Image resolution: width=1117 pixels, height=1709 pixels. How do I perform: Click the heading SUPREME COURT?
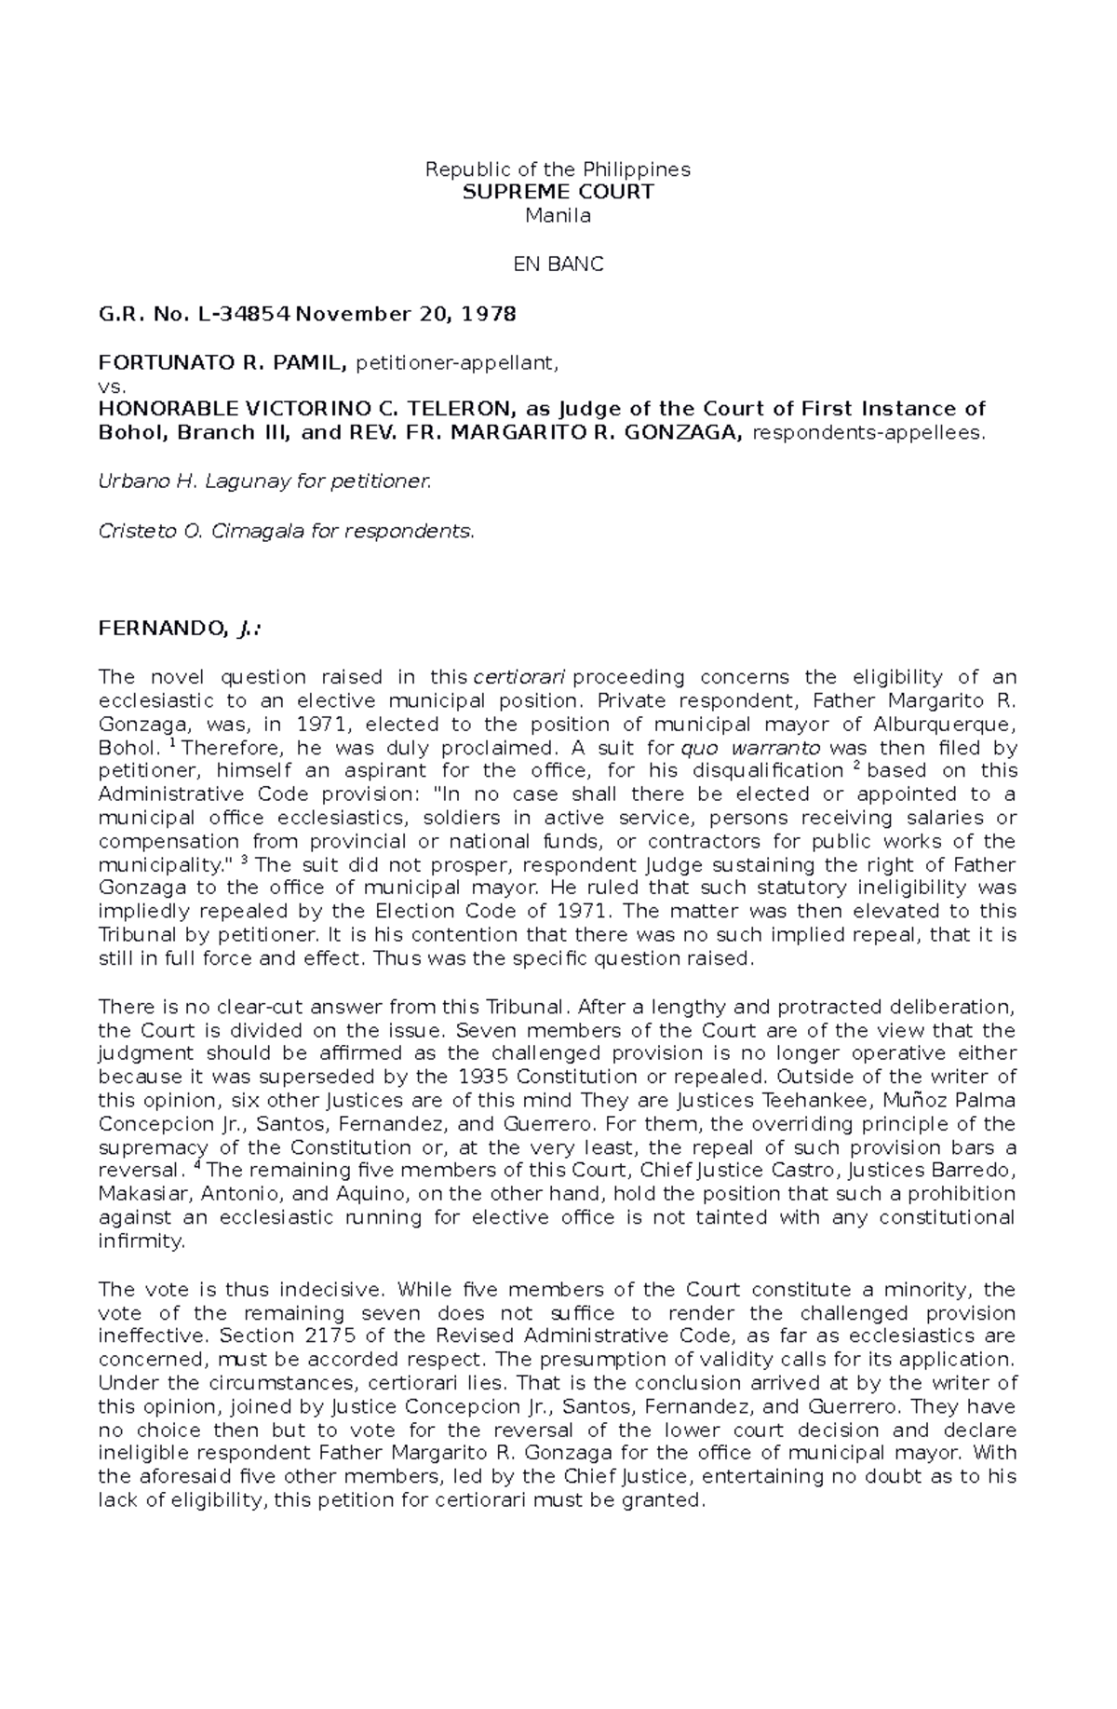tap(558, 192)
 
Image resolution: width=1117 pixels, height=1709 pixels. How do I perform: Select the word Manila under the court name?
tap(558, 216)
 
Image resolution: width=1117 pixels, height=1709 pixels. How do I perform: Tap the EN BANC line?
tap(558, 264)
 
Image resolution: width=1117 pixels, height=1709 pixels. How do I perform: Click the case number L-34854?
tap(242, 314)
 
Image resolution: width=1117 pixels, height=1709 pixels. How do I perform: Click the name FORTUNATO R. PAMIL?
tap(222, 362)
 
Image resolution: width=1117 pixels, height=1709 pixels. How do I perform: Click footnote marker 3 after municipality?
tap(244, 860)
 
